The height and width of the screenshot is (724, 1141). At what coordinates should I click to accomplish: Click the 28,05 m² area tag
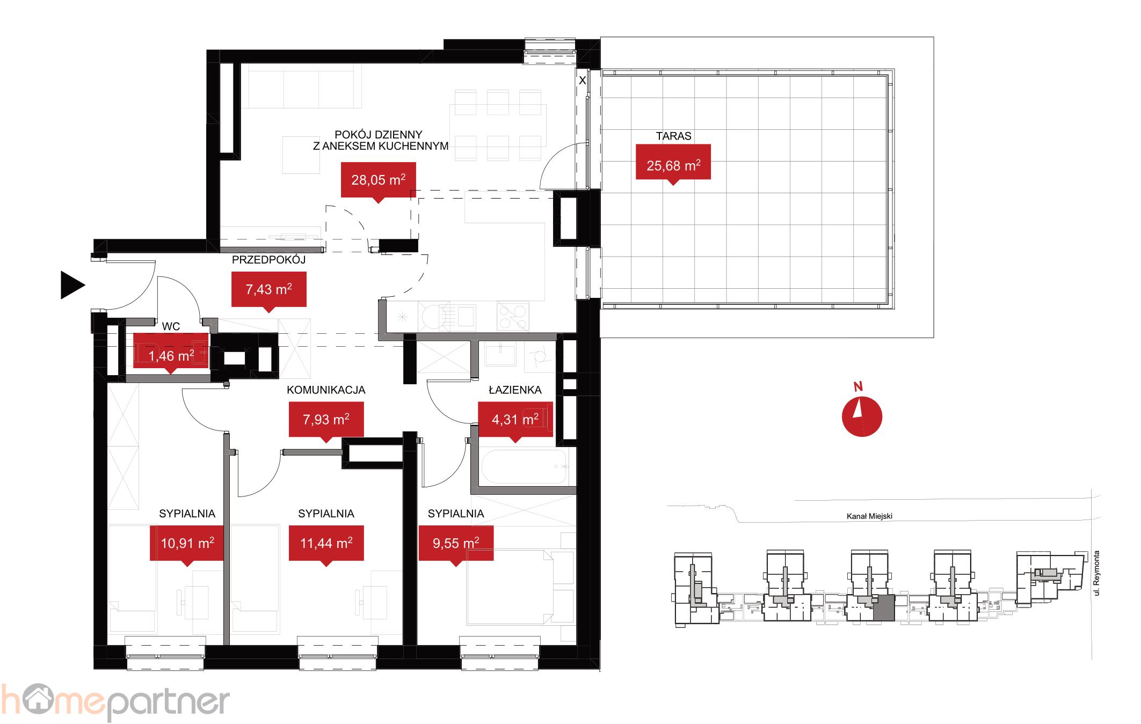pos(379,180)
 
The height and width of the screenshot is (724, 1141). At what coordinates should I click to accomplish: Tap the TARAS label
pos(673,136)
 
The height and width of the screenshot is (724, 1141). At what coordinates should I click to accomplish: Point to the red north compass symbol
pos(862,416)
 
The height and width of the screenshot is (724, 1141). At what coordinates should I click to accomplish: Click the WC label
pos(171,326)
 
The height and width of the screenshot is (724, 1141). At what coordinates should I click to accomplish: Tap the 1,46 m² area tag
pos(171,354)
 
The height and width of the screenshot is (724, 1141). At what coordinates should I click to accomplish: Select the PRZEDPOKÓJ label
pos(268,260)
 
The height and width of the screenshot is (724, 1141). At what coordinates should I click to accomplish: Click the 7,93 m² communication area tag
pos(326,420)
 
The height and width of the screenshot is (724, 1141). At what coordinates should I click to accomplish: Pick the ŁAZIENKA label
pos(515,390)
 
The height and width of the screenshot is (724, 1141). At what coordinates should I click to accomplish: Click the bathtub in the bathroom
pos(524,467)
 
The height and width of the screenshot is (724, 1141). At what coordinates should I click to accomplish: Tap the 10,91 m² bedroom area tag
pos(187,544)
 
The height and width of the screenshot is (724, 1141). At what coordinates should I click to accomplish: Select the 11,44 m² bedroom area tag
pos(326,544)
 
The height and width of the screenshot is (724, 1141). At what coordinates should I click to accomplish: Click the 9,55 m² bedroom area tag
pos(456,544)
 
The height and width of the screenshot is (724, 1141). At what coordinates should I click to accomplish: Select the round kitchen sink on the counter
pos(430,317)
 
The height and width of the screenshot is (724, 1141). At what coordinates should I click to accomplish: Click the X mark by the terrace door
pos(582,81)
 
